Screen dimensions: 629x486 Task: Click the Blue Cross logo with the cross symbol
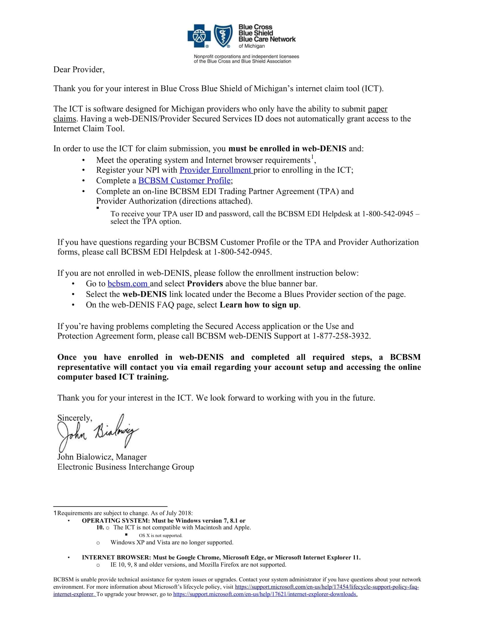199,36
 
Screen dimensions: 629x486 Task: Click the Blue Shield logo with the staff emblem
223,36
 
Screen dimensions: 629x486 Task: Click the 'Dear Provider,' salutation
79,70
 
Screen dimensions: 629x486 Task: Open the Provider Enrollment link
216,170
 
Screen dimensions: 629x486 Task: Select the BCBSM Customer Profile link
184,181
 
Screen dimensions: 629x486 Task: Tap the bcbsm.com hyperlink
128,284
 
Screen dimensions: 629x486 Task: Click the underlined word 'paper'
377,109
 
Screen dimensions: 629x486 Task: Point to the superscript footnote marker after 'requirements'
312,157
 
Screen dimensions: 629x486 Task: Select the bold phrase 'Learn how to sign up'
259,305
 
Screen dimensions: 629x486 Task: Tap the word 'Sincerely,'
75,418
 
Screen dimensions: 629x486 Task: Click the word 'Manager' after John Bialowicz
131,457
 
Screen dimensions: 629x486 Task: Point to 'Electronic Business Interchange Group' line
126,467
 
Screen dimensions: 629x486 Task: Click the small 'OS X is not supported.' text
161,536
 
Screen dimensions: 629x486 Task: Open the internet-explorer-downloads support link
265,594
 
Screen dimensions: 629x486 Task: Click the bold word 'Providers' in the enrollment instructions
205,284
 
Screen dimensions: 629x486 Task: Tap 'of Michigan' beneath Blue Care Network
252,46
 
